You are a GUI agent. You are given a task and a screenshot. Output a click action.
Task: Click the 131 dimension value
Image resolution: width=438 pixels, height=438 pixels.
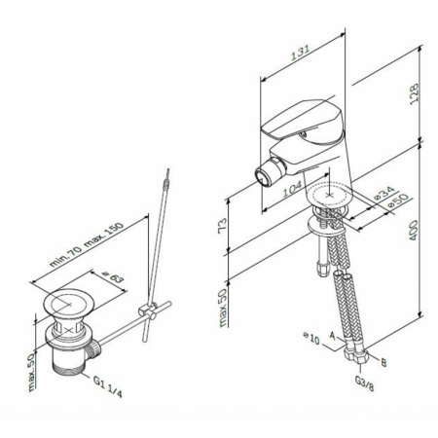click(x=300, y=53)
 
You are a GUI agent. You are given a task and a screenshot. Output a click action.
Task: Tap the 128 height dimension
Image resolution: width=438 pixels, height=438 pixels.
click(x=414, y=93)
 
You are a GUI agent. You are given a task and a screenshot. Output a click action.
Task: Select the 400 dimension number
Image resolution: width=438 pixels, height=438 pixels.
click(x=413, y=230)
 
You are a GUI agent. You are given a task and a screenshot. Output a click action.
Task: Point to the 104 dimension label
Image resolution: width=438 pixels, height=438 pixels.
click(x=292, y=189)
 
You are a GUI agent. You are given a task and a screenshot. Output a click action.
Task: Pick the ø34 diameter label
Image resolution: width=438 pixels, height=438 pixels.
click(x=384, y=194)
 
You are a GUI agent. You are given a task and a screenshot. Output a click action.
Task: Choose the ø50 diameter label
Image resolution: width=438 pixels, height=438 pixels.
click(x=398, y=201)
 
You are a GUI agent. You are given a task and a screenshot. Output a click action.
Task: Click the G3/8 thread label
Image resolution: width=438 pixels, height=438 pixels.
click(x=364, y=383)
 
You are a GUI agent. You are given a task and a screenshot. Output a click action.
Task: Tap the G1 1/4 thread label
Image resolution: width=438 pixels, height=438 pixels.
click(x=108, y=386)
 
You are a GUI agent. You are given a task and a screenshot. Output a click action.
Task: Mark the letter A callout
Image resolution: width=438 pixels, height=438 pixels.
click(x=332, y=335)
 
